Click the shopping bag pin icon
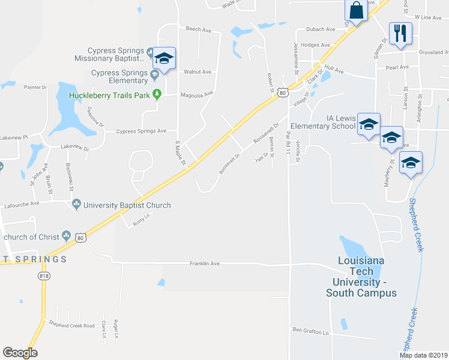click(356, 10)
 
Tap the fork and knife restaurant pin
click(400, 32)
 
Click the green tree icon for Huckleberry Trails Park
click(157, 94)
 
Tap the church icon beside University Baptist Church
click(76, 205)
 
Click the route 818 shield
click(43, 275)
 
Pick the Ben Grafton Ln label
click(311, 331)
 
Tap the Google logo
click(20, 353)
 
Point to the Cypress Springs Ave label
click(141, 131)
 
